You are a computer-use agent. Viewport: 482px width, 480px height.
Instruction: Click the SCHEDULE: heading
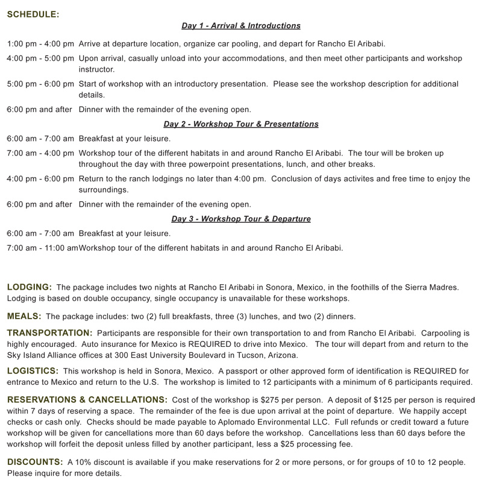(x=33, y=14)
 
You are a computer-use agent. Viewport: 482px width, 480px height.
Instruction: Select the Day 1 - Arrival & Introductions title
(x=241, y=26)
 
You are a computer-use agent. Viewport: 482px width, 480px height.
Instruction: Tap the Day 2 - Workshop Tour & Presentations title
(x=241, y=124)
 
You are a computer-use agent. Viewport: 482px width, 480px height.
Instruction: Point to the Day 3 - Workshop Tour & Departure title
(x=241, y=219)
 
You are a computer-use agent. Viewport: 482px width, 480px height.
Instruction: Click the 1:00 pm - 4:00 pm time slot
(x=40, y=44)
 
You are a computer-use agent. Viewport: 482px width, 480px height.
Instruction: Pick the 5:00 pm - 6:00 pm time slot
(x=40, y=84)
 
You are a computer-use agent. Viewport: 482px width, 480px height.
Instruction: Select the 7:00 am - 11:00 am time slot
(x=42, y=248)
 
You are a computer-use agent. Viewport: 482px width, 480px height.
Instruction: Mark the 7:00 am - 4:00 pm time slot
(x=40, y=154)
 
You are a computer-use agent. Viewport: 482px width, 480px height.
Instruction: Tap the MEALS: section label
(x=24, y=316)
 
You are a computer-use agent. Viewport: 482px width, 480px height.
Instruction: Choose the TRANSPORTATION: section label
(x=50, y=332)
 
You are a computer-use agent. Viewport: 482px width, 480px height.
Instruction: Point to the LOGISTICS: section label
(x=33, y=370)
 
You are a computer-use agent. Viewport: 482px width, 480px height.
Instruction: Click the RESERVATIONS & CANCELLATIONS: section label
(x=87, y=399)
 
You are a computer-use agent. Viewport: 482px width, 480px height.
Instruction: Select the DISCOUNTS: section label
(x=35, y=461)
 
